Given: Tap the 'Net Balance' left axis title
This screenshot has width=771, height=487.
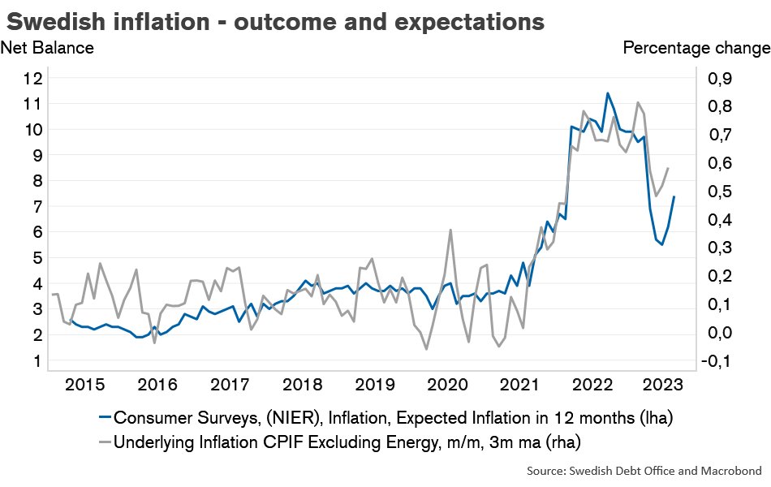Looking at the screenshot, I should tap(47, 48).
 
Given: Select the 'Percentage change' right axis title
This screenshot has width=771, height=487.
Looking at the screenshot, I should tap(696, 48).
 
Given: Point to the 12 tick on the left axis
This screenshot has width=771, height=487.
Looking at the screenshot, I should tap(32, 79).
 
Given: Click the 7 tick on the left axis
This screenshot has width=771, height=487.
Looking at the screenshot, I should tap(37, 207).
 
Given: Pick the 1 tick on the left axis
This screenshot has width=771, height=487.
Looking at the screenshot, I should tap(37, 360).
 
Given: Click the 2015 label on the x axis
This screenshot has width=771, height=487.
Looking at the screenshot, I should tap(84, 384).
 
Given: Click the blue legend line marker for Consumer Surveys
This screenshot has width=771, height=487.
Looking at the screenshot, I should tap(104, 418).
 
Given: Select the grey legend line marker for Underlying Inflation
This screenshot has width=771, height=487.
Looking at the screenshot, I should tap(104, 442).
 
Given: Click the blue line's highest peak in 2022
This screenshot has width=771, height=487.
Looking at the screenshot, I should tap(607, 93).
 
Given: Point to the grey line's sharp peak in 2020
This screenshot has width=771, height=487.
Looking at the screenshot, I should tap(450, 230).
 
